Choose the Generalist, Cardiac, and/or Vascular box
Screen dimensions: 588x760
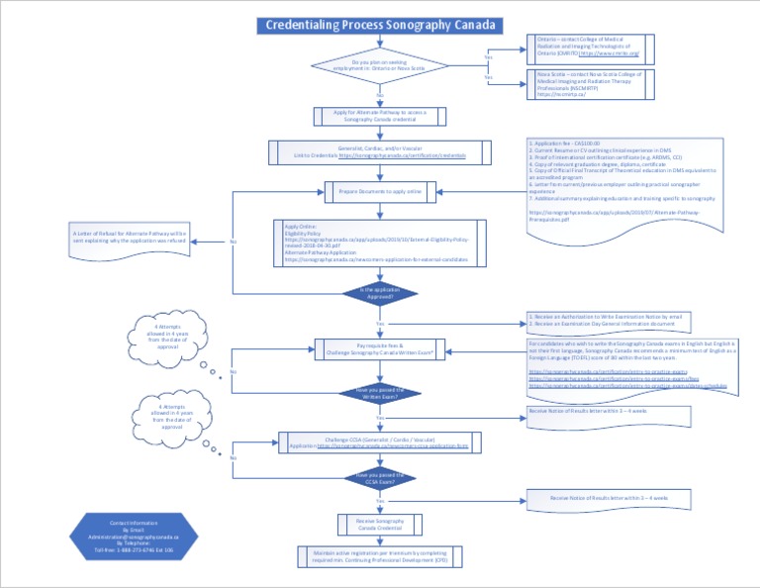[380, 152]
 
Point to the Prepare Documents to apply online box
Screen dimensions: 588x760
[380, 190]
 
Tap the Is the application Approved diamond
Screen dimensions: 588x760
[380, 293]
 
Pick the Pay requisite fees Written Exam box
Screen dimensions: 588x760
[380, 348]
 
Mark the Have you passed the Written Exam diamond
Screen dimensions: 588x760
[380, 393]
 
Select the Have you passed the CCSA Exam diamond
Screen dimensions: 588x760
[380, 479]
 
